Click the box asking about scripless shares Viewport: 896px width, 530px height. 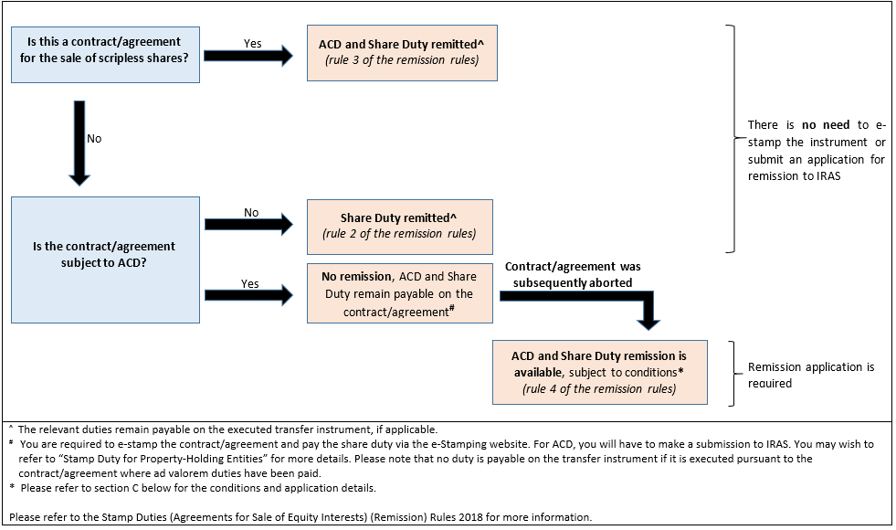(105, 54)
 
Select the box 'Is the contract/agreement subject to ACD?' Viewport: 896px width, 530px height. (105, 259)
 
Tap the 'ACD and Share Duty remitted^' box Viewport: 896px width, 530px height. (402, 53)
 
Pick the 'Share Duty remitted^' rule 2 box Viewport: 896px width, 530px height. (400, 226)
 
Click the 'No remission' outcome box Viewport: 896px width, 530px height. (400, 292)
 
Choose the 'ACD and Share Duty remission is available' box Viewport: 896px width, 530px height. (598, 372)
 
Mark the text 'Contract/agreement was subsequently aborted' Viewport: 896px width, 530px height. (573, 274)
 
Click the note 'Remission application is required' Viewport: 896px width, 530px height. (810, 375)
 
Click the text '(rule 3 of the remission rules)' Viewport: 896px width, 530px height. (402, 61)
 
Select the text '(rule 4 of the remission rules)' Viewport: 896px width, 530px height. (598, 388)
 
